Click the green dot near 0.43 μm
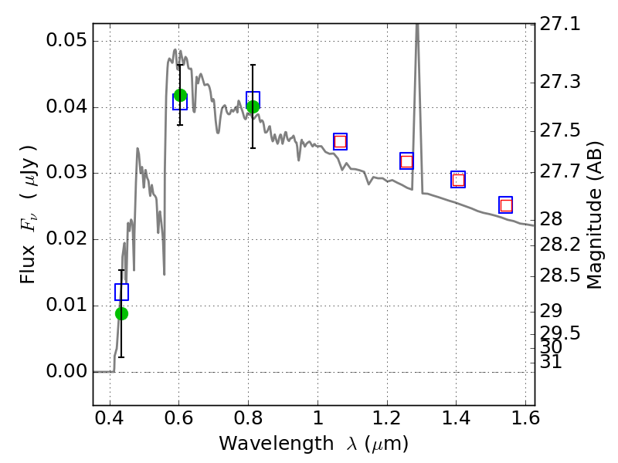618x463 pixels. (121, 313)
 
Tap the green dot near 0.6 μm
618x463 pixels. (180, 95)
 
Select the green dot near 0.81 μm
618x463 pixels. (253, 106)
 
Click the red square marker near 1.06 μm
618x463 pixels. (340, 141)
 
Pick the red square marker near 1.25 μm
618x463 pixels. (406, 161)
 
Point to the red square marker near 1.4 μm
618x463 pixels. (458, 180)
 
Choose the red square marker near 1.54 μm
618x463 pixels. (506, 205)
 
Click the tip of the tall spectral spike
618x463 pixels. (417, 25)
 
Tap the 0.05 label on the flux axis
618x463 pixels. (66, 40)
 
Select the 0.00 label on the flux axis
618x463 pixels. (66, 371)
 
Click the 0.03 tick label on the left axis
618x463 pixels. (66, 172)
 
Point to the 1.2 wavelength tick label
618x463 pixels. (387, 418)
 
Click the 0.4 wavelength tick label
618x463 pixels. (109, 418)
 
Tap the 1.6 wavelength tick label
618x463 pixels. (525, 418)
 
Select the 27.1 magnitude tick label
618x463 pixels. (560, 24)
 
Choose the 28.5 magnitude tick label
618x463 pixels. (560, 275)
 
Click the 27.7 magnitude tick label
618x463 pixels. (560, 171)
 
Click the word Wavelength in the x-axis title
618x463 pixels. (277, 444)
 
